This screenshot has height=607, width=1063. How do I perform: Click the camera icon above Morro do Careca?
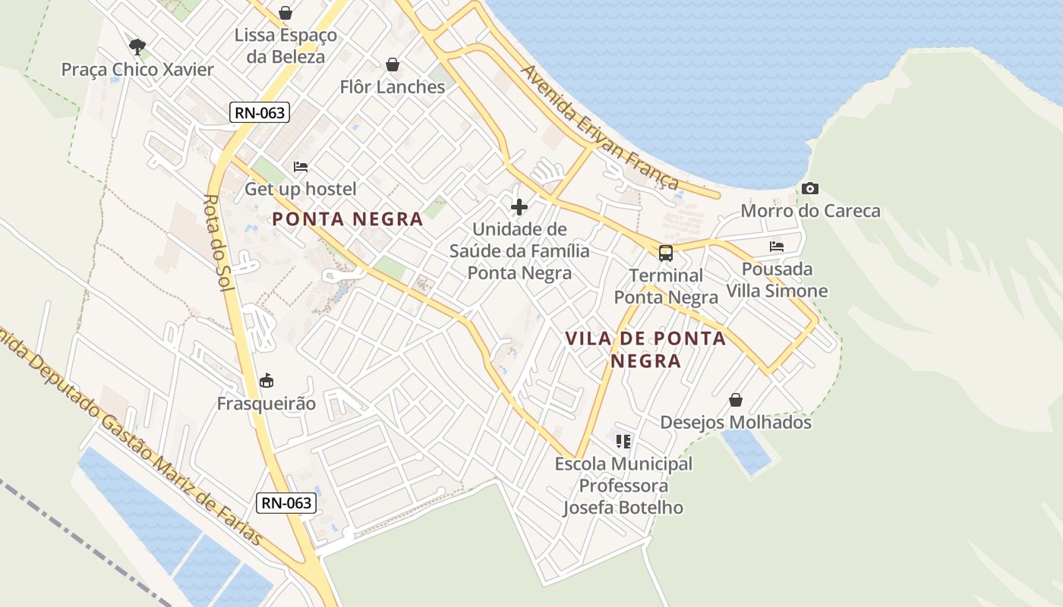click(810, 188)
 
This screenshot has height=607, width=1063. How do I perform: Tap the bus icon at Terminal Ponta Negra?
click(666, 253)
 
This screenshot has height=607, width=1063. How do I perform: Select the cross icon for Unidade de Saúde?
click(519, 206)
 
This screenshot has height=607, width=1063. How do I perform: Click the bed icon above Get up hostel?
click(301, 167)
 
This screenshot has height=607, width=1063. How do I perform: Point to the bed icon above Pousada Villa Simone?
click(777, 247)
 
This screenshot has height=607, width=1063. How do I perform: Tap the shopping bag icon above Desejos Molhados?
click(735, 400)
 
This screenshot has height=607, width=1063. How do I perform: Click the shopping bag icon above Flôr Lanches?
click(393, 64)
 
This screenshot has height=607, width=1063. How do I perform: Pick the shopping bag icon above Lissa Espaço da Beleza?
click(285, 13)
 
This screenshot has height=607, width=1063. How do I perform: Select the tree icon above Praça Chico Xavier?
click(137, 48)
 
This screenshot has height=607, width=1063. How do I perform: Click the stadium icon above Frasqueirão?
click(266, 381)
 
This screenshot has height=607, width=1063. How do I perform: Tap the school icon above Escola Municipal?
click(623, 441)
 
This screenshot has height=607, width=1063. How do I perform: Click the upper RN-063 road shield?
click(260, 113)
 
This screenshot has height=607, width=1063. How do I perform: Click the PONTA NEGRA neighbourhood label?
click(347, 219)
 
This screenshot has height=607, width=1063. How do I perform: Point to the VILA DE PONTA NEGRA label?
click(645, 349)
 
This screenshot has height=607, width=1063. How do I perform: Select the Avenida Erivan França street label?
click(600, 127)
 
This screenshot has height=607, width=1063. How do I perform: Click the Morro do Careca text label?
click(810, 211)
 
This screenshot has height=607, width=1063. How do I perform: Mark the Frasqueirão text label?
click(266, 404)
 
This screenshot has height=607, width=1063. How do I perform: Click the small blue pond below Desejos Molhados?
click(746, 451)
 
